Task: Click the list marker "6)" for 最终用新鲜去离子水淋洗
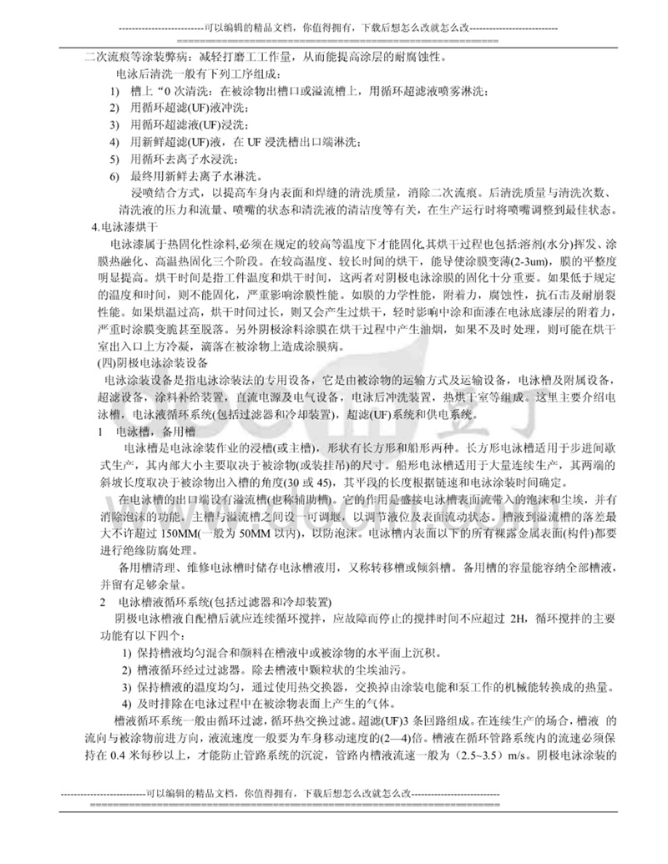point(115,177)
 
